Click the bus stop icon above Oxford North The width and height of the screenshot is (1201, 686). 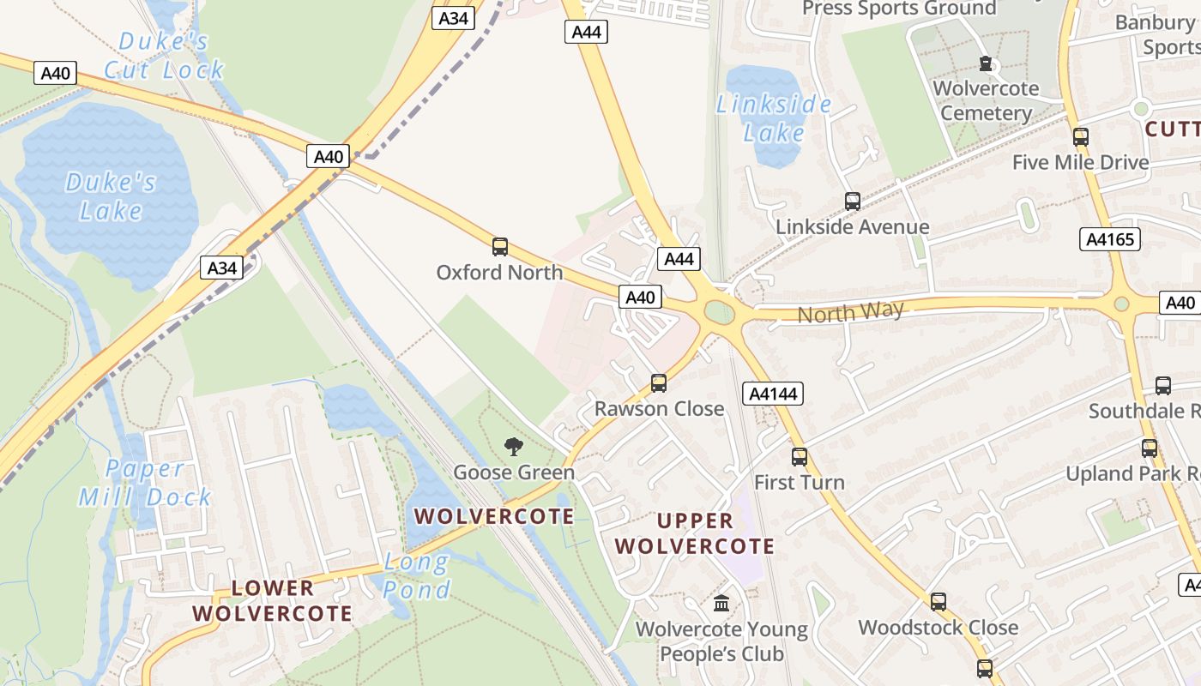[500, 247]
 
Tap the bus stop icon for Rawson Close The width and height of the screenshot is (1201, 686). [659, 382]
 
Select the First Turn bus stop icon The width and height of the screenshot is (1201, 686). [800, 456]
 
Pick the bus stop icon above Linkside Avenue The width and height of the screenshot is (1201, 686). [853, 202]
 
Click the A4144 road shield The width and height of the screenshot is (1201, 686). [773, 394]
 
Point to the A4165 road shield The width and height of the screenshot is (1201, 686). [1110, 239]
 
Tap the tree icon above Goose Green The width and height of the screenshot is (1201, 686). [514, 446]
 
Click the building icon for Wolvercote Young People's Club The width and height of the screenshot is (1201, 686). [721, 604]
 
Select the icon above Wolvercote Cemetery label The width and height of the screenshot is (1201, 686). [986, 63]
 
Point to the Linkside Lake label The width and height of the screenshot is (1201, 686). [774, 118]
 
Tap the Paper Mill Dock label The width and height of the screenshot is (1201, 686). [145, 483]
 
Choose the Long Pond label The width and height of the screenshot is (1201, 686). [417, 576]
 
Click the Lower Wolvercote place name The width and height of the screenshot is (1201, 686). [272, 601]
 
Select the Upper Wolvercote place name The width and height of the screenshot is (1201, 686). [695, 533]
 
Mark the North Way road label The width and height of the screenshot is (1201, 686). [851, 312]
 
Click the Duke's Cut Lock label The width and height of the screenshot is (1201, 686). [164, 56]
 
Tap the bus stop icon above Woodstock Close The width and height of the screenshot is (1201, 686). [938, 602]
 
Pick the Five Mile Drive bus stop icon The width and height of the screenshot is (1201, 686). [1081, 136]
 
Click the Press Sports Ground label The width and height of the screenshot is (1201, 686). [899, 9]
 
